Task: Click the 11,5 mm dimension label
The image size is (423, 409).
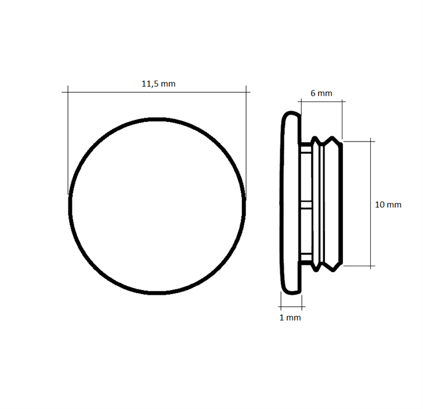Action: pos(158,84)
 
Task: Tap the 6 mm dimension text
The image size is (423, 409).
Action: pos(321,93)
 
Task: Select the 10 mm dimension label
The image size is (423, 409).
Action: pos(388,205)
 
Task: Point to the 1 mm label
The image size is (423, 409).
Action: pos(290,318)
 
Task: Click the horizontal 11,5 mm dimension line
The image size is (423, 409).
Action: pos(156,92)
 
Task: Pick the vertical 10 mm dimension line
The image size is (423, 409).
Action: pos(372,204)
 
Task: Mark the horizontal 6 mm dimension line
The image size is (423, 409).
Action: pos(321,102)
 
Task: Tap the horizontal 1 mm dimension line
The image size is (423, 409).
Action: pos(292,307)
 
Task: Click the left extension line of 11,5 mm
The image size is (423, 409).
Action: pos(68,140)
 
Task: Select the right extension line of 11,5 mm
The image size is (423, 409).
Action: pos(246,140)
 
